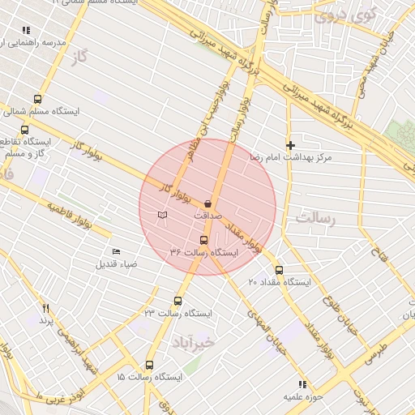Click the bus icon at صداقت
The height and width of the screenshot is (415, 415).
(x=208, y=203)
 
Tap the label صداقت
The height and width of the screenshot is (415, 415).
(x=207, y=217)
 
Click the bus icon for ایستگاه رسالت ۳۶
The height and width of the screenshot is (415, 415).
(x=203, y=239)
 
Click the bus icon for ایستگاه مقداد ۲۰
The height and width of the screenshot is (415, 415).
(x=280, y=270)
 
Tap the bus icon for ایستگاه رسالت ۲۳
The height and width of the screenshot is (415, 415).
(x=178, y=300)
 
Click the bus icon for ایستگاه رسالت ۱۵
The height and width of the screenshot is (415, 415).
(x=149, y=365)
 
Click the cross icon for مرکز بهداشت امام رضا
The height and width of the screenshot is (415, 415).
(x=291, y=144)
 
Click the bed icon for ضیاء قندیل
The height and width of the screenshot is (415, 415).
(x=115, y=251)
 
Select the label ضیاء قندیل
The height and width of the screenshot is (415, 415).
(x=118, y=264)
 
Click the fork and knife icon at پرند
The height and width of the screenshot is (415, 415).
(x=46, y=308)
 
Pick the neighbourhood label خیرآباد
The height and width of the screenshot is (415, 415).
(x=191, y=343)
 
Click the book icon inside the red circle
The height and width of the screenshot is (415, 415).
(x=164, y=215)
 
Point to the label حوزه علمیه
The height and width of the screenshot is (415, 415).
(x=302, y=397)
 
